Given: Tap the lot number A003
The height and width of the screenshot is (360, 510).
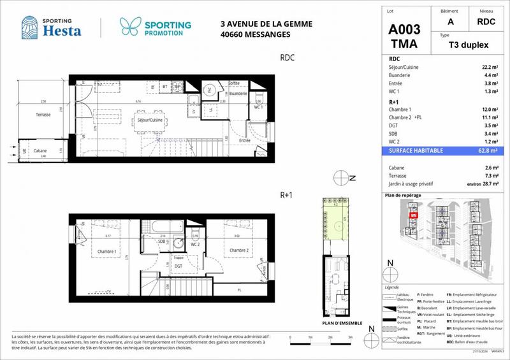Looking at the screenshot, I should pyautogui.click(x=404, y=31).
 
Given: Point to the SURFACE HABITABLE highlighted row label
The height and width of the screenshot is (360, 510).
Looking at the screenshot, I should pyautogui.click(x=416, y=150).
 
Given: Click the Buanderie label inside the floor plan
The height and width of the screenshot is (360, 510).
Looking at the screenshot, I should pyautogui.click(x=238, y=94).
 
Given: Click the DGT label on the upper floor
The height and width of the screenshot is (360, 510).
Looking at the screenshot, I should pyautogui.click(x=178, y=266).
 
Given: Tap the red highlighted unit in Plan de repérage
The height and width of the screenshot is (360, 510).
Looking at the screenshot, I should pyautogui.click(x=413, y=215).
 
